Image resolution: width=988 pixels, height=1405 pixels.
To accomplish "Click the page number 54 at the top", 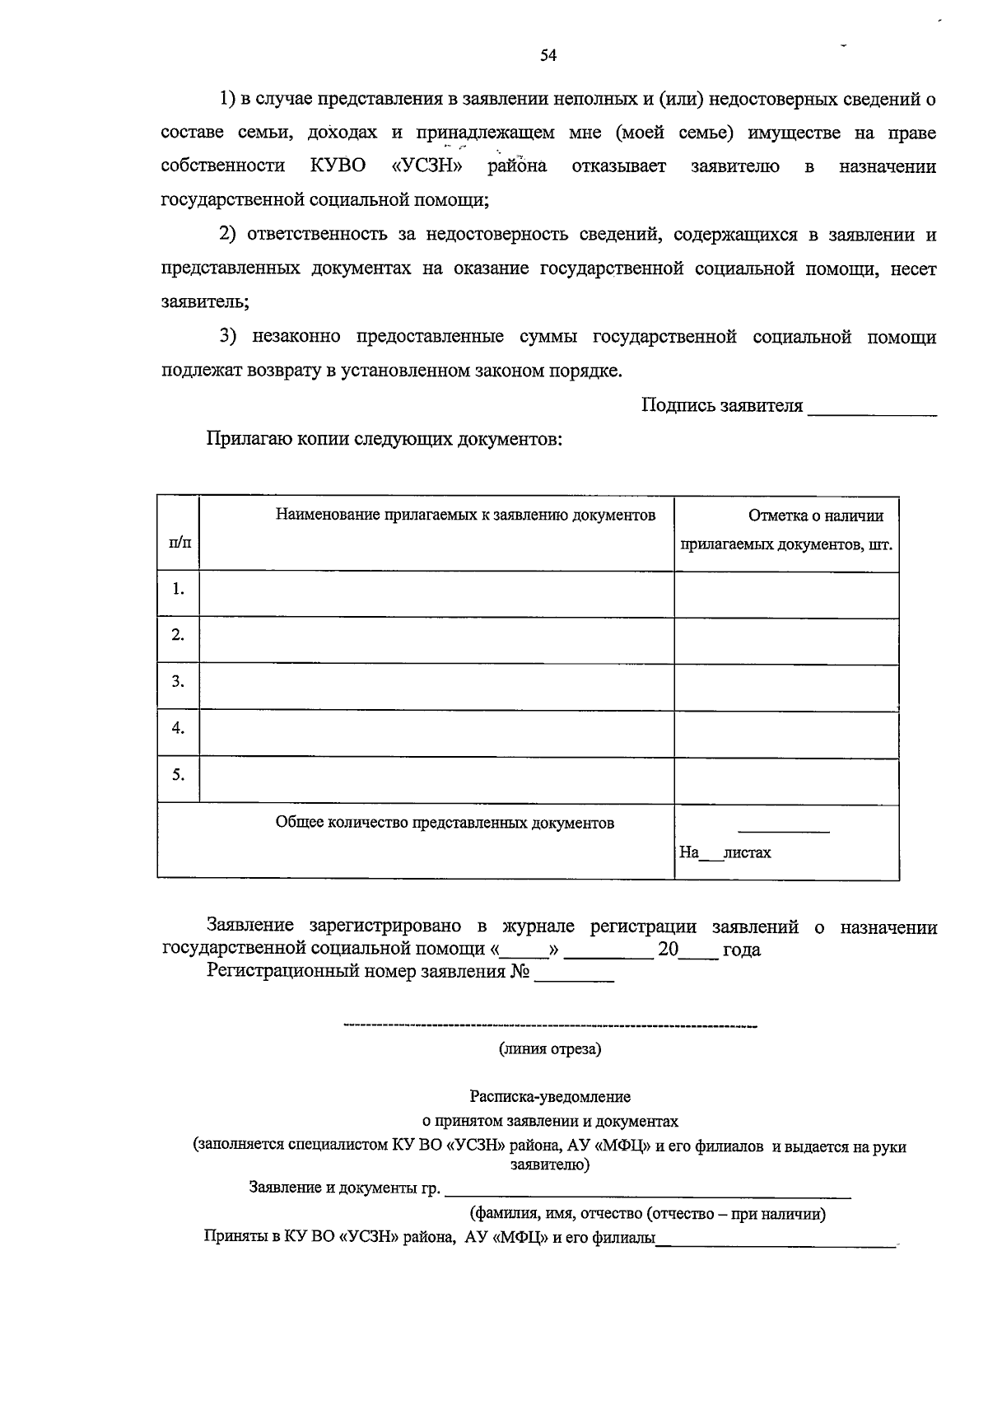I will (x=548, y=55).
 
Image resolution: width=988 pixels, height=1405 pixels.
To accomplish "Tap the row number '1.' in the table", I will (x=178, y=589).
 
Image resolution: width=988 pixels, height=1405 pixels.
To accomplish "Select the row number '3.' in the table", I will (x=178, y=681).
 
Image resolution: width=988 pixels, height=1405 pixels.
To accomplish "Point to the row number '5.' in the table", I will (x=178, y=774).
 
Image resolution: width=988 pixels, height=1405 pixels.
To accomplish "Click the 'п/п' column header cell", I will (x=178, y=542).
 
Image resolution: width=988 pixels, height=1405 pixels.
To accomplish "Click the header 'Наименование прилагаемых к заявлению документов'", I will (x=465, y=516).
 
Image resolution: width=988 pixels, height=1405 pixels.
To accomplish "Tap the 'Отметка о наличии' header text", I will (x=816, y=516).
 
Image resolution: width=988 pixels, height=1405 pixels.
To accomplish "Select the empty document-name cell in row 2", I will (x=436, y=636).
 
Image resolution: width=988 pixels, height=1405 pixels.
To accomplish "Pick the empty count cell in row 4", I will (x=786, y=729).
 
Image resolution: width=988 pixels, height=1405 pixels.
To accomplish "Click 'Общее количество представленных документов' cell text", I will (x=445, y=823).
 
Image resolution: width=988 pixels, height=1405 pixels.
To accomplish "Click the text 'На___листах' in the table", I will (x=725, y=852).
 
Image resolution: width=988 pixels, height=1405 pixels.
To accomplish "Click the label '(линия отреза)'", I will (x=550, y=1049).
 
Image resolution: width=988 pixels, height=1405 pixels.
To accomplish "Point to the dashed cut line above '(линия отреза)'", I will (x=550, y=1026).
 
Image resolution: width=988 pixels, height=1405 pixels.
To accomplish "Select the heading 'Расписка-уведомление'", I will (x=550, y=1097).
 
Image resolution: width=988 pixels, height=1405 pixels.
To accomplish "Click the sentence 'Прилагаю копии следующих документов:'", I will (x=384, y=439).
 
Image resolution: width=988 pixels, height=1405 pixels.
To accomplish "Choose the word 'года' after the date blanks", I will (x=741, y=950).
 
